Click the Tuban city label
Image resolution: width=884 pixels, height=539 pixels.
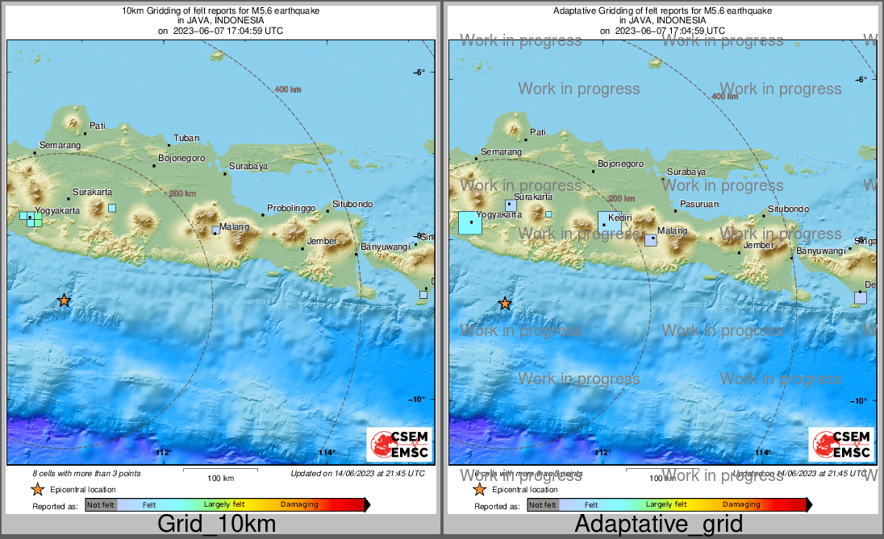(x=186, y=139)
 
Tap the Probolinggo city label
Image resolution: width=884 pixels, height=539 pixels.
(x=291, y=209)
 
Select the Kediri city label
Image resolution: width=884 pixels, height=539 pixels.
(x=619, y=218)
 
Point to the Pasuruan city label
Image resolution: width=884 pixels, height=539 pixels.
(x=699, y=205)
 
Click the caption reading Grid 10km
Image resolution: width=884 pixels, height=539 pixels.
(x=216, y=524)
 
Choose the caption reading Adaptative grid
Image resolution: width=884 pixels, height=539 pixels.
(x=658, y=524)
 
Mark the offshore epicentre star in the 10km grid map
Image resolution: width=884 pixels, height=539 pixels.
(x=64, y=301)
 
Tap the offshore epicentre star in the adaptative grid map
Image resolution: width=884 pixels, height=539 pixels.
(x=505, y=304)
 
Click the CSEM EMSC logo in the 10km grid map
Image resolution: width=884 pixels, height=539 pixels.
(x=399, y=445)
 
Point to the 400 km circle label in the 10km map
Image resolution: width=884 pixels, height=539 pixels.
(x=288, y=89)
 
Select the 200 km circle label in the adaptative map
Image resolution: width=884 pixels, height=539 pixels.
(x=621, y=199)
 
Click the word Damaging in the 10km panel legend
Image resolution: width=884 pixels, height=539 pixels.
(x=299, y=505)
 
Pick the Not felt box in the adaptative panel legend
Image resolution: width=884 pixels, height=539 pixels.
(x=542, y=505)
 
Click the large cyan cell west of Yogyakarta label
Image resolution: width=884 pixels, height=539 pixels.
(x=469, y=222)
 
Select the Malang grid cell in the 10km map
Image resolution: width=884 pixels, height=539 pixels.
(x=215, y=230)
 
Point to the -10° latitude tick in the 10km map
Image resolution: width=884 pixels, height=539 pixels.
(x=419, y=399)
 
